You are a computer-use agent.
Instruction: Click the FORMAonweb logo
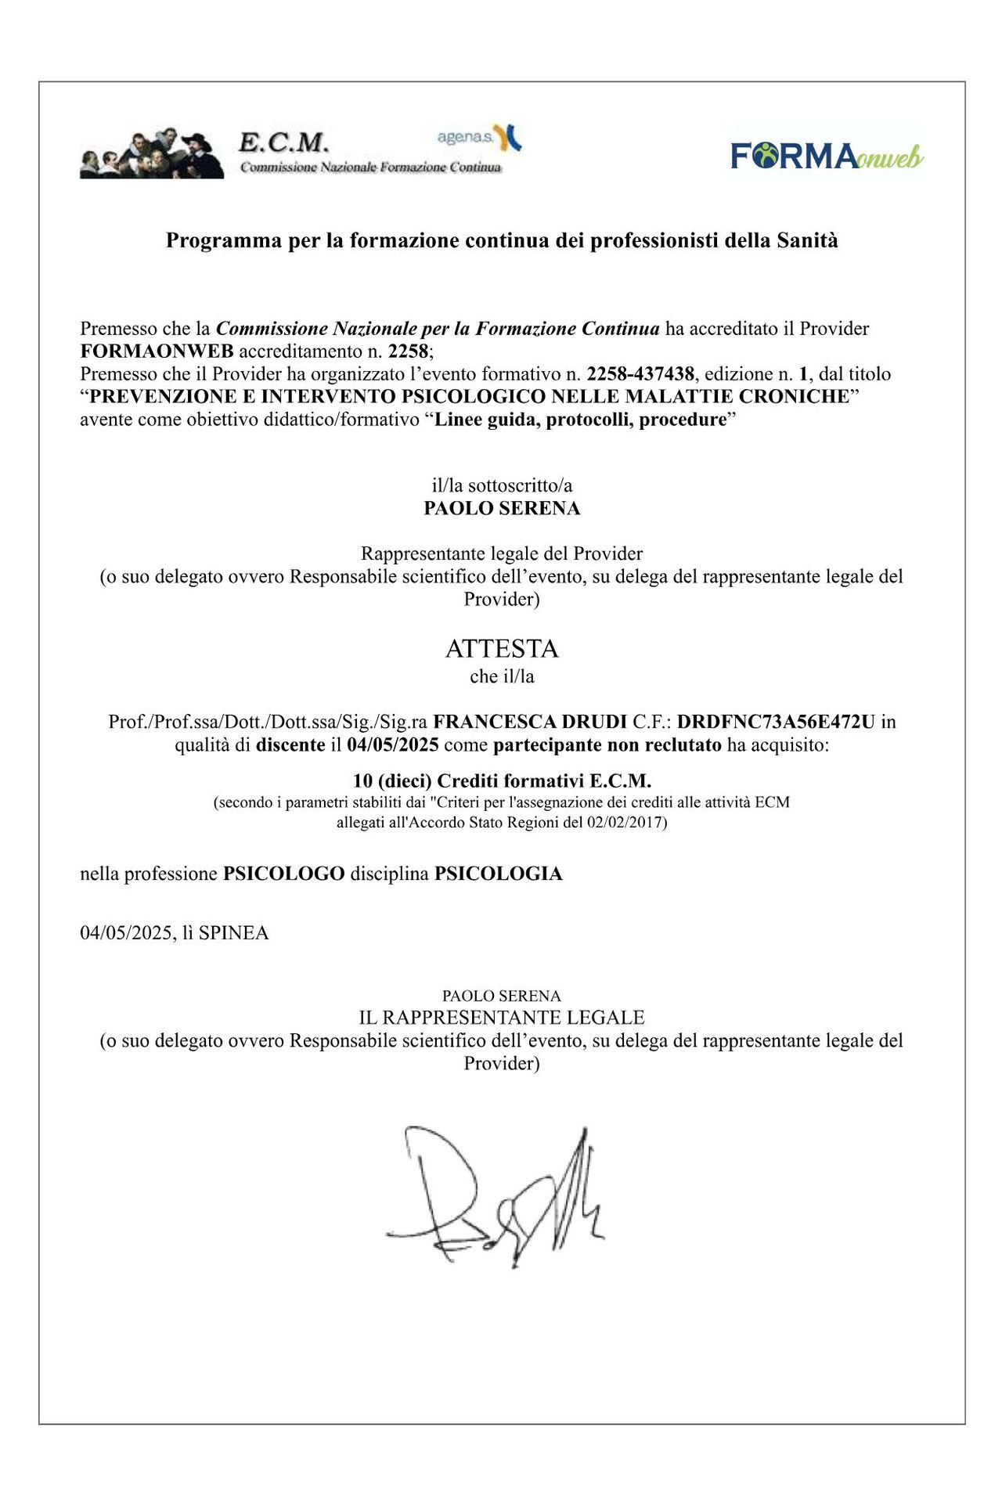(x=827, y=156)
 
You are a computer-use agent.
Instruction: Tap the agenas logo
(x=479, y=138)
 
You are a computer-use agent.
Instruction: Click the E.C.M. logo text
(x=283, y=142)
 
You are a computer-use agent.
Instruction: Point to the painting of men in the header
(x=151, y=153)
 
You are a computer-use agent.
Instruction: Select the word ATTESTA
(x=502, y=649)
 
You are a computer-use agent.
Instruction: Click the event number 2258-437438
(x=640, y=374)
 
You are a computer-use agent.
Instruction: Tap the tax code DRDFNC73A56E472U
(x=775, y=721)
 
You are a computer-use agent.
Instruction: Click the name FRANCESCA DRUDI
(x=530, y=721)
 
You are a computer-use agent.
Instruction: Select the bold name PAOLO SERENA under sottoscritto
(x=502, y=508)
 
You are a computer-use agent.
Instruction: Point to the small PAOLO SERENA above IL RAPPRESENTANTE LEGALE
(x=502, y=996)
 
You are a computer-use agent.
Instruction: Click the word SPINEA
(x=233, y=933)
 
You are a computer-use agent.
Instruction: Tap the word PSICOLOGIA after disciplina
(x=498, y=874)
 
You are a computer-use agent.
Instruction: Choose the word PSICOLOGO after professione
(x=283, y=874)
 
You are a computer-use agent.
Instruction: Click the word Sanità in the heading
(x=807, y=240)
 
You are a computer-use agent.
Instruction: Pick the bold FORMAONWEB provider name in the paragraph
(x=157, y=351)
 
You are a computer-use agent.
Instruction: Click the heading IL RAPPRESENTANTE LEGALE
(x=502, y=1018)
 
